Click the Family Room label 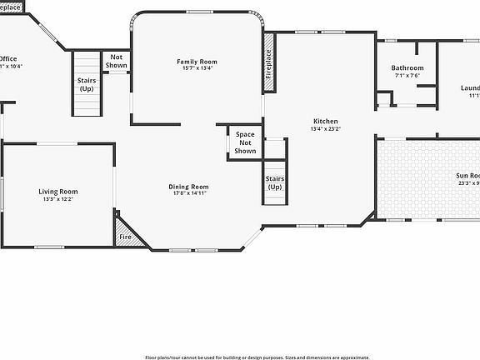(197, 62)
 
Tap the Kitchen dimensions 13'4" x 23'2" (324, 129)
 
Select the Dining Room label (188, 187)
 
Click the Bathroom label (407, 68)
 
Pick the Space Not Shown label (245, 142)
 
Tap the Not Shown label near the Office (117, 62)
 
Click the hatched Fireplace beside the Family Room (268, 62)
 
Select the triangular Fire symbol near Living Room (126, 236)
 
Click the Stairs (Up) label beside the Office (87, 84)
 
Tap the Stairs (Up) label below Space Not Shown (275, 182)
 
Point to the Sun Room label (467, 176)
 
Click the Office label (8, 58)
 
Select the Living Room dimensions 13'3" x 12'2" (58, 200)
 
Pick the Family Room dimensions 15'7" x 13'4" (197, 69)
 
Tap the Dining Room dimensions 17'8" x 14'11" (188, 193)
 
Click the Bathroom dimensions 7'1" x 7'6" (407, 76)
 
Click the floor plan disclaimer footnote (257, 357)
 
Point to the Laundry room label (471, 88)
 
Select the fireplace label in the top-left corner (11, 7)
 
